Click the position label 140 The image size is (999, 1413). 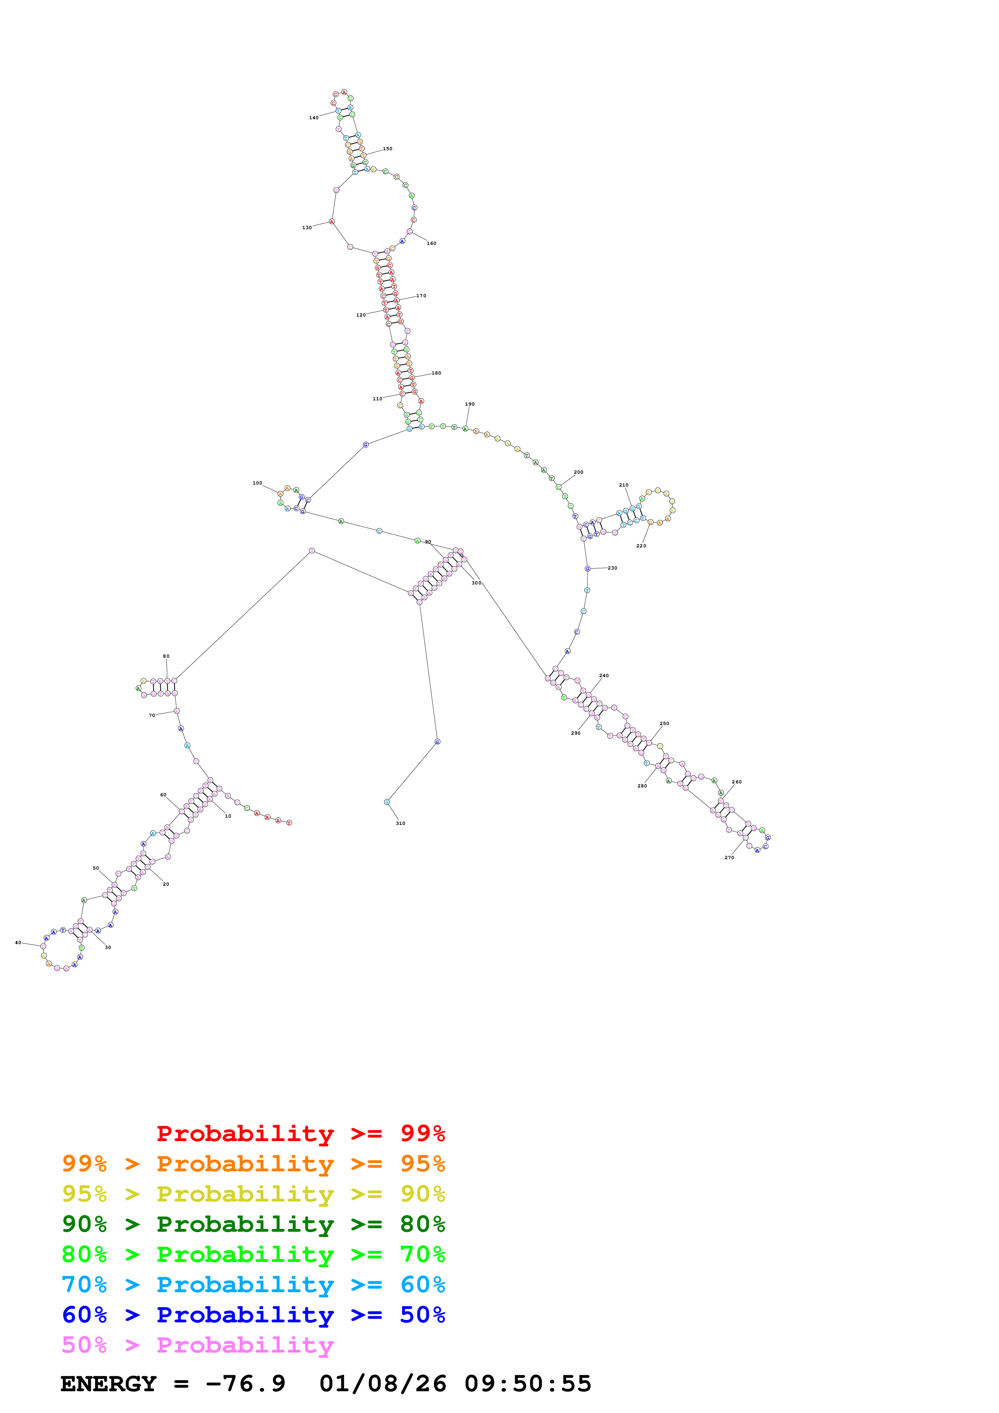[313, 118]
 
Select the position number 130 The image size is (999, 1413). [307, 228]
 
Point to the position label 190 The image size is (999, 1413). [469, 404]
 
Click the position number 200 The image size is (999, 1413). [579, 472]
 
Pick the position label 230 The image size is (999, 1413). [613, 568]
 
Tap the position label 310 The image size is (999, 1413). [400, 823]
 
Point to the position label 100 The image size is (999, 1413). [257, 483]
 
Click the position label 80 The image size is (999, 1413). [166, 657]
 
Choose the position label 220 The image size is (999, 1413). [641, 546]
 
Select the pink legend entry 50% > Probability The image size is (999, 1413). [197, 1345]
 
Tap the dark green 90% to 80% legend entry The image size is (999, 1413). [253, 1224]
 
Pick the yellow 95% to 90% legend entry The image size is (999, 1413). [253, 1194]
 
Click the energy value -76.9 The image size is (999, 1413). [245, 1384]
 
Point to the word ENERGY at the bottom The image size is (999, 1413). [108, 1384]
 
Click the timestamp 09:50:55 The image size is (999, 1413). [528, 1384]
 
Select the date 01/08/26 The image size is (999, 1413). [382, 1384]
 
